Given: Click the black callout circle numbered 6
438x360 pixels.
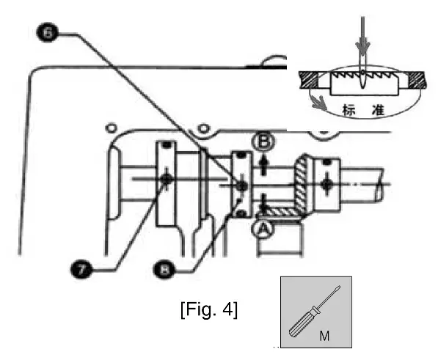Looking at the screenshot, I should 46,33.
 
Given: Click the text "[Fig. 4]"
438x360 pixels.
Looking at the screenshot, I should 208,310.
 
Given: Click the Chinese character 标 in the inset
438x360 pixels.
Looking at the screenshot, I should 350,110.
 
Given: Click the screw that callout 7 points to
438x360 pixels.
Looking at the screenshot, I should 168,179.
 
